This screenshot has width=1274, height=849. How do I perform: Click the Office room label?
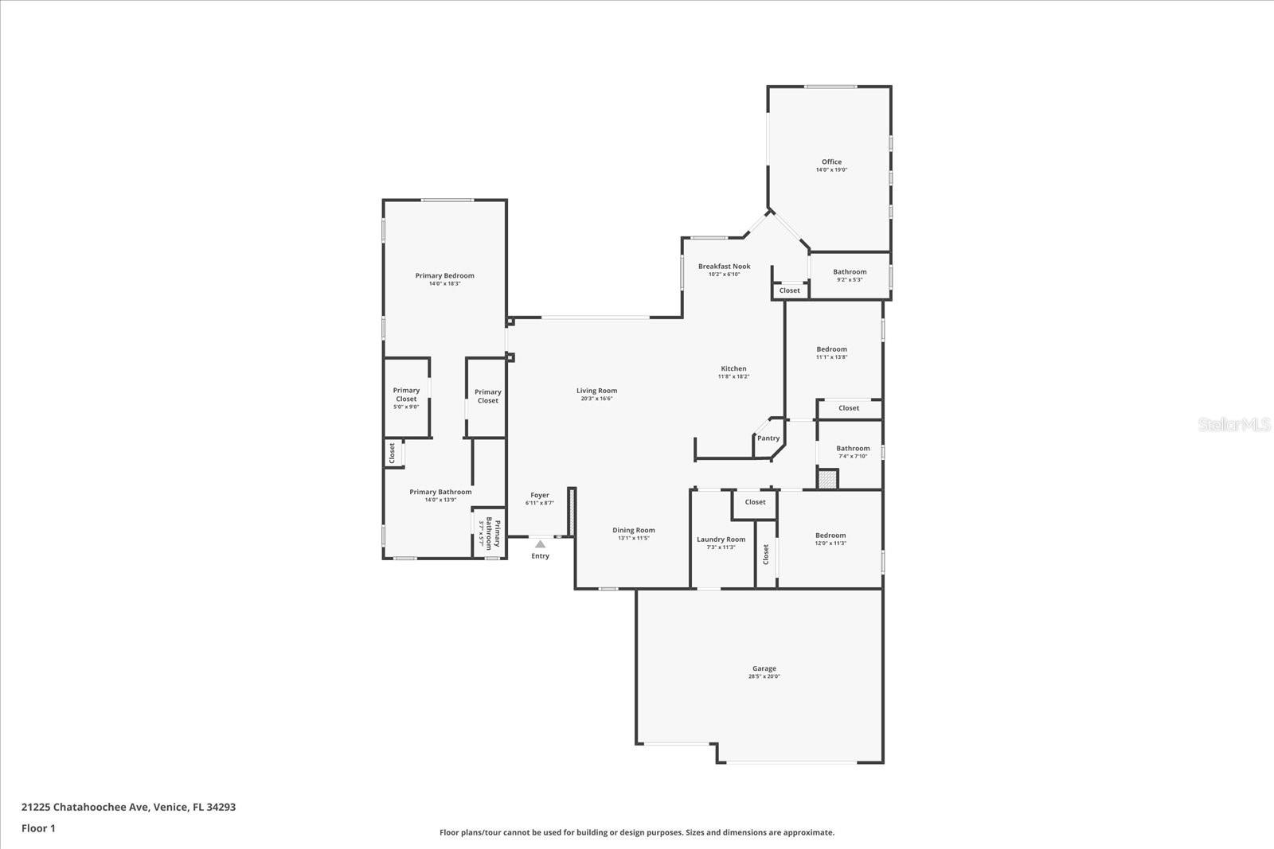831,162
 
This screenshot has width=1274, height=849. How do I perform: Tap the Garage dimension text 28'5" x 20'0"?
764,677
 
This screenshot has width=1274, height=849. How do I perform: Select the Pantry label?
768,438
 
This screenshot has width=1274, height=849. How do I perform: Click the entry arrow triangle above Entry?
540,544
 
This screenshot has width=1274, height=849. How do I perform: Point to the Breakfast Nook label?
724,267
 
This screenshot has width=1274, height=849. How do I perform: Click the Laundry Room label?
721,539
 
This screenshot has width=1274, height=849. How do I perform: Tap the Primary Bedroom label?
444,276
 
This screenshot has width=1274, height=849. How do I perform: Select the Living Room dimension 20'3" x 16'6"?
596,399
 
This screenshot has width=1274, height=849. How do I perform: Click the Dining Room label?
634,530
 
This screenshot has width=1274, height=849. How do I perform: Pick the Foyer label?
540,495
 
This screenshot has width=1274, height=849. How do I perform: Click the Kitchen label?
733,368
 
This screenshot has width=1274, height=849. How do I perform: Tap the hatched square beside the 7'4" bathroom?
828,479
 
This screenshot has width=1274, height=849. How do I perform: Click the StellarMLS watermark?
1235,425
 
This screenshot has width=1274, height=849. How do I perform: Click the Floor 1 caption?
38,828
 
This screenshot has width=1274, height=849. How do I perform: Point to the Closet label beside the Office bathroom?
789,290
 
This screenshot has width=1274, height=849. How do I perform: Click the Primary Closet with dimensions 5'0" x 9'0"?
406,395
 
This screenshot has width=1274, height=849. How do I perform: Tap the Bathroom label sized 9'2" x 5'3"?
850,272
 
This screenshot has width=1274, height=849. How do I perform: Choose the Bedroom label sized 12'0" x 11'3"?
830,535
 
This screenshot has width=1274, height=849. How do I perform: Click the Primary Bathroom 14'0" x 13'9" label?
440,492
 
